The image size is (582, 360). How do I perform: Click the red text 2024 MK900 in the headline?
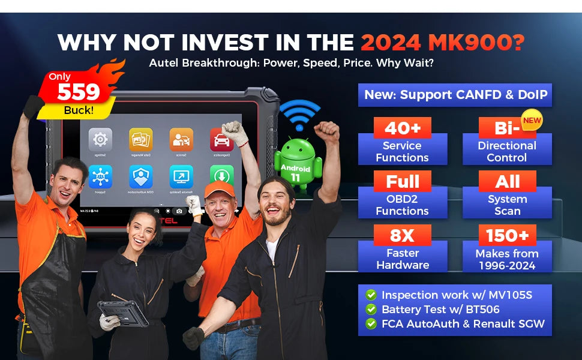[x=443, y=43]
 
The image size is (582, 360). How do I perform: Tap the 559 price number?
[x=79, y=92]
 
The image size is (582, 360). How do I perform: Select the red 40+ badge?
[x=402, y=128]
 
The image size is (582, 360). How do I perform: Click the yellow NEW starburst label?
[x=532, y=120]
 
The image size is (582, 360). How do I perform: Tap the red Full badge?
[x=402, y=182]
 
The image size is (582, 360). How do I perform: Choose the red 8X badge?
[x=402, y=235]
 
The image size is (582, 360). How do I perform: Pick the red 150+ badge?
[x=507, y=235]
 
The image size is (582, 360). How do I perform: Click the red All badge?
[x=507, y=182]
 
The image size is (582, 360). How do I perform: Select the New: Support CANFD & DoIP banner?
[x=454, y=95]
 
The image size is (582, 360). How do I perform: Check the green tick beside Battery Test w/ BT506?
[x=371, y=310]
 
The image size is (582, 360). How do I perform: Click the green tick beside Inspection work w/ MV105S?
[x=371, y=295]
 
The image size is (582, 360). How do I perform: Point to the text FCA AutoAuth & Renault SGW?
[x=463, y=324]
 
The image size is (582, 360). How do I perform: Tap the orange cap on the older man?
[x=218, y=190]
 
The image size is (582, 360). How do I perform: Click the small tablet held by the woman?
[x=123, y=313]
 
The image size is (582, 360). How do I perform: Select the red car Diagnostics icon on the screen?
[x=221, y=140]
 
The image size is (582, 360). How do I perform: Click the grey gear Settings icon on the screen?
[x=100, y=140]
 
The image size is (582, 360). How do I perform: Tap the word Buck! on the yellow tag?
[x=79, y=110]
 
